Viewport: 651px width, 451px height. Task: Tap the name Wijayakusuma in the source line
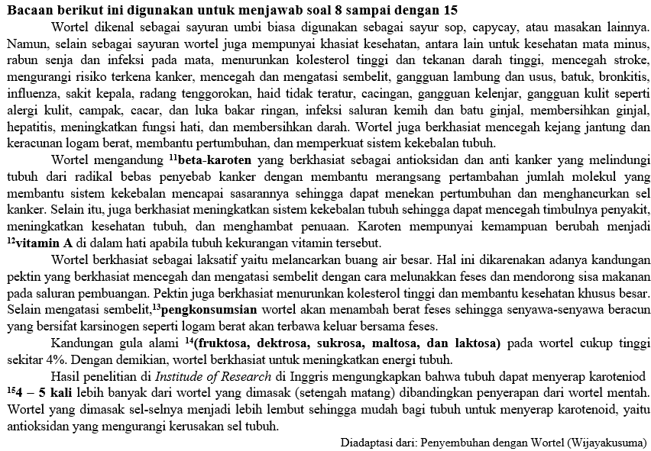[x=608, y=442]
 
